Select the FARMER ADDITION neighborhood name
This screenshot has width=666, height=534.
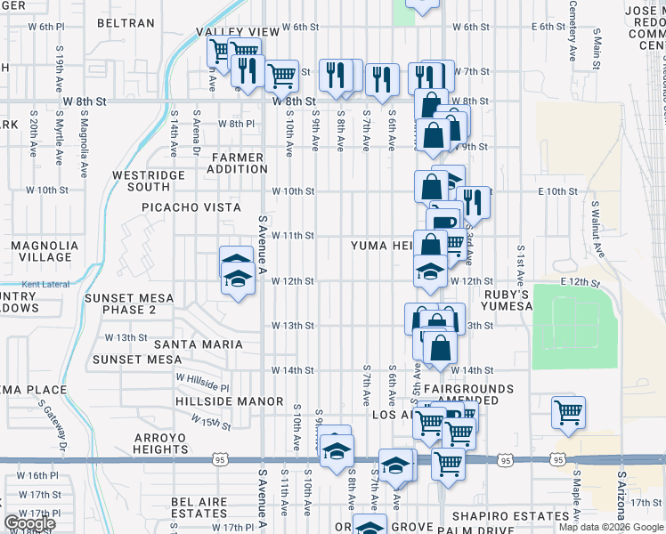pos(238,163)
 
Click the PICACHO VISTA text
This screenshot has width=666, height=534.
pos(191,207)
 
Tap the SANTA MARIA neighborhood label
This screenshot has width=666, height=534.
pos(199,344)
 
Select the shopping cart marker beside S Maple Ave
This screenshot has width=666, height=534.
pos(567,412)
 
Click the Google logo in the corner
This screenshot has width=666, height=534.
pos(29,523)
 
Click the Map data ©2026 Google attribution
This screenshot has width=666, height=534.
pos(610,527)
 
